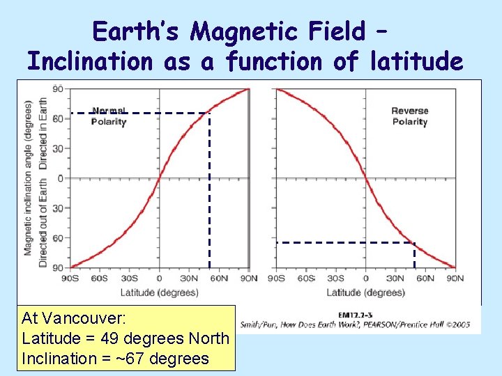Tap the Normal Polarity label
109,116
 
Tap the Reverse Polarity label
409,116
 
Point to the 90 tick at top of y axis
59,88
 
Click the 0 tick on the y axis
60,178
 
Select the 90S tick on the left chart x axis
70,279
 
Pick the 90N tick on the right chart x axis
455,279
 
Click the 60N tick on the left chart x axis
220,279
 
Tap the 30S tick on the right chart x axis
336,279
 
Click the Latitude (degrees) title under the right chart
365,292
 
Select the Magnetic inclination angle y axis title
29,178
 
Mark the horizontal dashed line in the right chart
345,242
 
